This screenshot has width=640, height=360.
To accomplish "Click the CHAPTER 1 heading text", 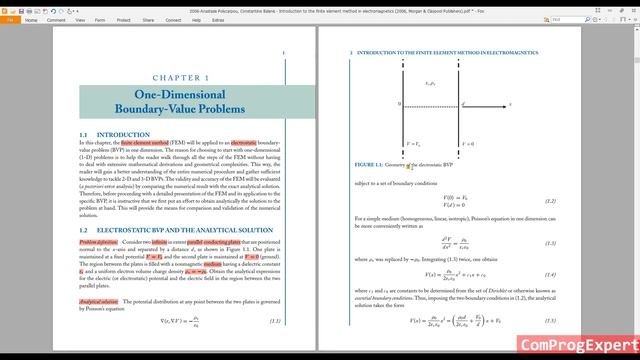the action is (x=180, y=77).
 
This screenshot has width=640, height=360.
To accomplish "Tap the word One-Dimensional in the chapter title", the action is (x=181, y=94).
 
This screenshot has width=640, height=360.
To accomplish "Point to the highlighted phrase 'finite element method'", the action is (x=144, y=143).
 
